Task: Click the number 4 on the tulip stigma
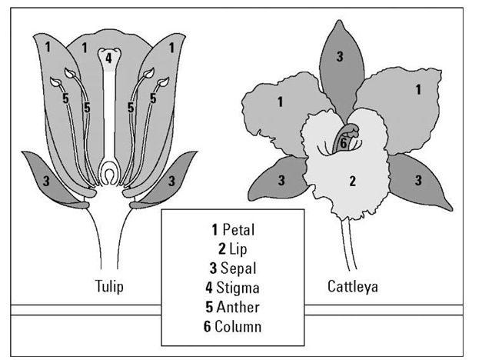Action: tap(109, 58)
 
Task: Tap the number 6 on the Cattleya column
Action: tap(344, 143)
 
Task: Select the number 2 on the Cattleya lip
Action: tap(351, 182)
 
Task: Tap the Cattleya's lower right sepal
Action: tap(418, 181)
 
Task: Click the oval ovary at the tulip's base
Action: tap(110, 174)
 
